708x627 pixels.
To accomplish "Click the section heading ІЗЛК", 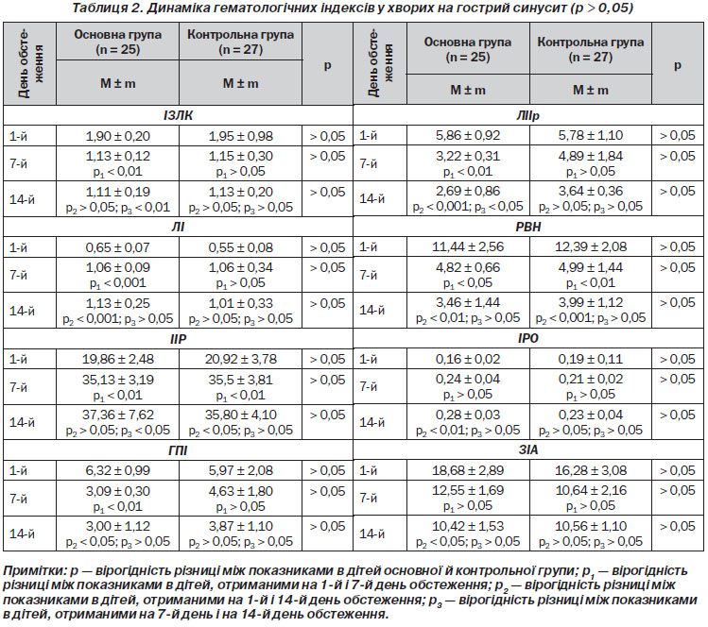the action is click(x=178, y=115).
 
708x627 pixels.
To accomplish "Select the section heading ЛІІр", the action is click(x=527, y=115).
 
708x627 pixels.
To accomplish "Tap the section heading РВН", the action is click(x=527, y=227).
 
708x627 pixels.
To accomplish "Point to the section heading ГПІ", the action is click(x=178, y=450).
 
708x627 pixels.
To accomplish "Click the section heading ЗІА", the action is click(x=527, y=449).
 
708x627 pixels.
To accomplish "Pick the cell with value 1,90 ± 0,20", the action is click(x=118, y=136).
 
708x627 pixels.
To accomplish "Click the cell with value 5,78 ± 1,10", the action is click(x=591, y=135).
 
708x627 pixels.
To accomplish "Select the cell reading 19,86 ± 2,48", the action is click(x=118, y=359).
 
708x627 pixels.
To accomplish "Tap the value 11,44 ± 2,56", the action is click(x=468, y=246).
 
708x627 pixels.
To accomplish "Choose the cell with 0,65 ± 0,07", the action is click(x=118, y=247).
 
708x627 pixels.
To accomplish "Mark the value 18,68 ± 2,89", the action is click(x=468, y=470).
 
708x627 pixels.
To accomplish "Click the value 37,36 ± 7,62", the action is click(x=118, y=415).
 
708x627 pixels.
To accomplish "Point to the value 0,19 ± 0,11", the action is click(x=591, y=359).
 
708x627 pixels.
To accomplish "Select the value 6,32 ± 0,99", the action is click(x=118, y=470).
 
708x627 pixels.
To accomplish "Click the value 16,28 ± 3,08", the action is click(x=591, y=470).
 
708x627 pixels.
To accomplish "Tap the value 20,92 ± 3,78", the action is click(x=241, y=359).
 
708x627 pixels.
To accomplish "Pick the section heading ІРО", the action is click(x=527, y=338).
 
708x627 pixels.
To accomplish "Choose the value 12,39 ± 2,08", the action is click(x=591, y=246).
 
